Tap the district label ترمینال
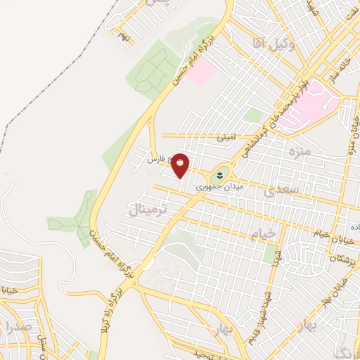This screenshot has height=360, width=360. point(148,206)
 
